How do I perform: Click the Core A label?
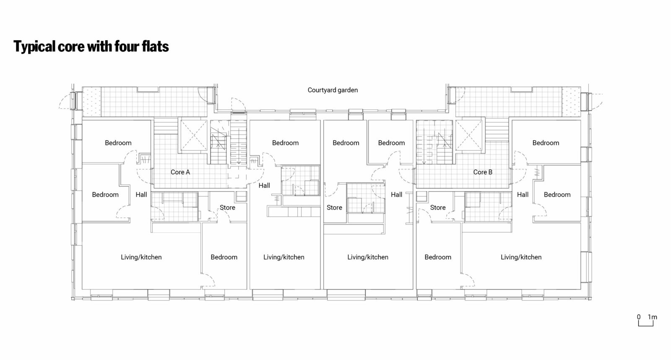pos(180,172)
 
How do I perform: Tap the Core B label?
pos(483,172)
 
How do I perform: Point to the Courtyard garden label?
pos(333,90)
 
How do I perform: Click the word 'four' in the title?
pos(123,47)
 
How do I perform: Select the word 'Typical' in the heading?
pos(34,47)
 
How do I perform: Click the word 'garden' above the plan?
pos(346,90)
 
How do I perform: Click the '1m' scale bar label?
pos(653,317)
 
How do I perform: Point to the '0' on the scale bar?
pos(639,317)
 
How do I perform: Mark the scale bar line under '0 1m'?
pos(645,326)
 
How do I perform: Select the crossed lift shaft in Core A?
pos(193,135)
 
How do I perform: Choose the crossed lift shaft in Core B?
pos(469,135)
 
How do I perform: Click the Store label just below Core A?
pos(227,207)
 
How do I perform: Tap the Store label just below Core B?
pos(438,207)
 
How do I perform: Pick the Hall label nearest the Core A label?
pos(141,194)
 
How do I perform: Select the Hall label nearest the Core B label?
pos(523,194)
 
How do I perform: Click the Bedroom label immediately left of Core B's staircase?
pos(391,143)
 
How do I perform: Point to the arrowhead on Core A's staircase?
pos(239,163)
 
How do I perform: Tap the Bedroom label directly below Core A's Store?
pos(224,257)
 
